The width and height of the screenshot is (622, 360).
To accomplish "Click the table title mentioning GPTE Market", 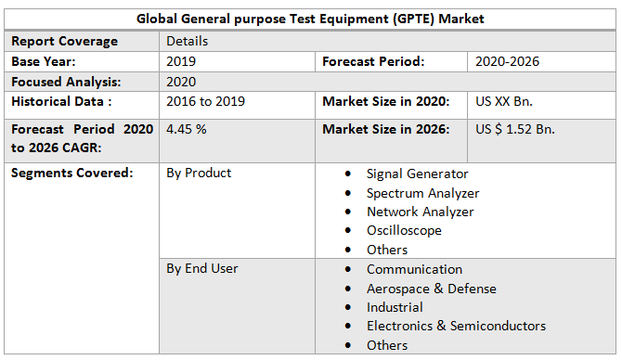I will [310, 19].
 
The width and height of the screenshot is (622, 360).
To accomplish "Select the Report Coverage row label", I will [64, 41].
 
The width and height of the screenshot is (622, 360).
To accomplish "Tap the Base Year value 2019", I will [181, 61].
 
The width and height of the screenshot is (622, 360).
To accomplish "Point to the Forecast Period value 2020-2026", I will [507, 61].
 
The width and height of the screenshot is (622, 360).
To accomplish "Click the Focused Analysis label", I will [67, 82].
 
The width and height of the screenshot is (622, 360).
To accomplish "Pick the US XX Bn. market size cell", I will [504, 101].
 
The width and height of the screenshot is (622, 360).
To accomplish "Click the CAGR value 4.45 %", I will [187, 129].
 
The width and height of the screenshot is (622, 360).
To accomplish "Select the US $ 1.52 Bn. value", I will [515, 129].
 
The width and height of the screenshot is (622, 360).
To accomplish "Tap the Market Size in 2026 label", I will [386, 129].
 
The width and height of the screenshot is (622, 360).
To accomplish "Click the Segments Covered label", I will [72, 173].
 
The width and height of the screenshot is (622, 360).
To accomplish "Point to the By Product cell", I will [199, 173].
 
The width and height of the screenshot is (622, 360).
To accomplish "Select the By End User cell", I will [202, 268].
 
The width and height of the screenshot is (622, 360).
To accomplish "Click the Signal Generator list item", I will [417, 174].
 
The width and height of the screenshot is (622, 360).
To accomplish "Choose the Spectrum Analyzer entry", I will [422, 193].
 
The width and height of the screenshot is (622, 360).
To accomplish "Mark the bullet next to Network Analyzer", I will [347, 212].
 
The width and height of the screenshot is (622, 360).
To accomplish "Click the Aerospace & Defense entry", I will [431, 289].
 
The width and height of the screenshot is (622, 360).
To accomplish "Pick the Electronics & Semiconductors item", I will [456, 326].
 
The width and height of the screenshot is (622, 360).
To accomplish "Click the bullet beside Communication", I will [347, 269].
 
